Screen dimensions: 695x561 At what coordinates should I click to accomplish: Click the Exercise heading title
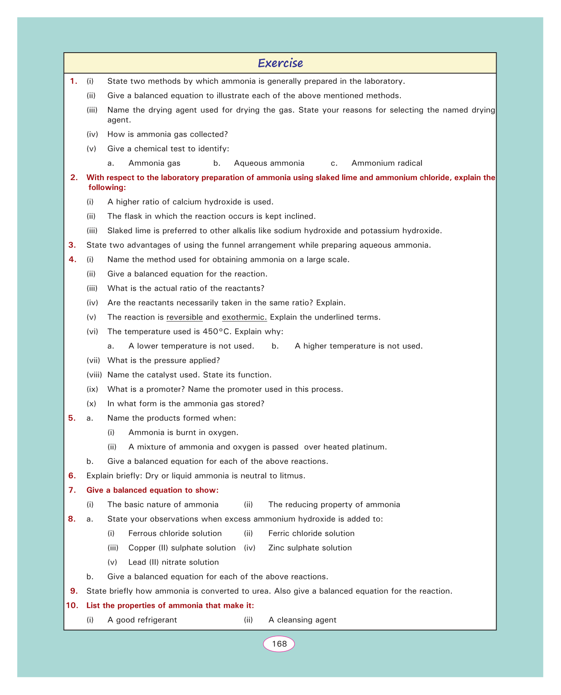pyautogui.click(x=280, y=63)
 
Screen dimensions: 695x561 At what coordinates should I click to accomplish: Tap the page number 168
pyautogui.click(x=279, y=644)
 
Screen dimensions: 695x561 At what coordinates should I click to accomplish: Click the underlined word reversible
pyautogui.click(x=184, y=317)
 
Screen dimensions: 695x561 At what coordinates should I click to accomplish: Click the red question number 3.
pyautogui.click(x=72, y=245)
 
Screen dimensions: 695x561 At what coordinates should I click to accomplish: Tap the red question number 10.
pyautogui.click(x=71, y=605)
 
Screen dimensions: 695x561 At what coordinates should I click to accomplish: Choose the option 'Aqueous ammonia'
pyautogui.click(x=269, y=163)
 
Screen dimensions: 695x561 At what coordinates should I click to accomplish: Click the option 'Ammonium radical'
pyautogui.click(x=386, y=163)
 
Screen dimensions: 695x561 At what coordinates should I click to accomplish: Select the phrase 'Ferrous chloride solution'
pyautogui.click(x=175, y=533)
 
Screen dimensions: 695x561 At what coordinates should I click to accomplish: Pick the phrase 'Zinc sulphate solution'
pyautogui.click(x=310, y=548)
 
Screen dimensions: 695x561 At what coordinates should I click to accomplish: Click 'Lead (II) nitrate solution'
pyautogui.click(x=173, y=562)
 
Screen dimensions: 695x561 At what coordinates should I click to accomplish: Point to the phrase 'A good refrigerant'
pyautogui.click(x=142, y=620)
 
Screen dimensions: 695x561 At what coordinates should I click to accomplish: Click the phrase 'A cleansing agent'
pyautogui.click(x=302, y=620)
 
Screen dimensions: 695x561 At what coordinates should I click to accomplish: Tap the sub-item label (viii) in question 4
pyautogui.click(x=94, y=375)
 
